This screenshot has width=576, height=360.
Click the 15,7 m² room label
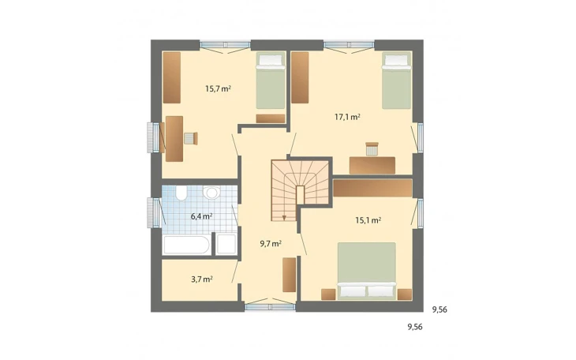point(218,88)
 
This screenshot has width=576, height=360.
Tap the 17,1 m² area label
point(347,118)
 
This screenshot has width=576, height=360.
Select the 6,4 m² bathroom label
point(202,216)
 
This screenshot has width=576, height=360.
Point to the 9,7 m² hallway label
point(271,243)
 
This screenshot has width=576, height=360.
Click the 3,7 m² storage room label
point(202,279)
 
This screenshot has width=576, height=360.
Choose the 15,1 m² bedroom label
point(368,220)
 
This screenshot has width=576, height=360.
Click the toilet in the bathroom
point(181,193)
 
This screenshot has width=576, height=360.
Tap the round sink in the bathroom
point(211,193)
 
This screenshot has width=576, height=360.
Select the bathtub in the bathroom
point(187,245)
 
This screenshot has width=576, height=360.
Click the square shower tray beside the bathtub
point(226,244)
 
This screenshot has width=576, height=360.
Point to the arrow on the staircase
point(284,217)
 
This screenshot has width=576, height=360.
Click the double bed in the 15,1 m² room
point(367,271)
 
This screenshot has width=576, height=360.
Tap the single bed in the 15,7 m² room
point(271,81)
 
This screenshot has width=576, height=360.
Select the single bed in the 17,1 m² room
point(396,81)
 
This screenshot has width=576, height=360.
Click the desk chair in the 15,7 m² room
point(191,138)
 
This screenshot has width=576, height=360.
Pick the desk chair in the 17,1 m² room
point(372,149)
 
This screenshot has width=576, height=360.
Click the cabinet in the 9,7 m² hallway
point(289,275)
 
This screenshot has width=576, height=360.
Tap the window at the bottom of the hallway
point(270,306)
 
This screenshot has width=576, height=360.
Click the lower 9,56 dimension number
point(415,327)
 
